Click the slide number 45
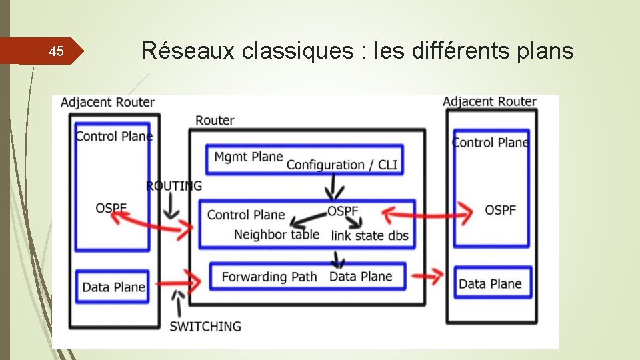click(57, 51)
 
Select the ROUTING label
click(173, 186)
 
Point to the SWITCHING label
click(205, 326)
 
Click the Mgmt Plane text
click(249, 157)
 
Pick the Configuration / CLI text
click(342, 165)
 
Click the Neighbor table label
click(277, 235)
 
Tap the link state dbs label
click(369, 235)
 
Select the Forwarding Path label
click(269, 277)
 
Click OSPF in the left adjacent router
click(111, 208)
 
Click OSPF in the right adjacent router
click(500, 210)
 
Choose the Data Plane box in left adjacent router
click(113, 287)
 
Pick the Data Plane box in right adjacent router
click(492, 283)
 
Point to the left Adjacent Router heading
click(107, 102)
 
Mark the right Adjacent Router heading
click(489, 101)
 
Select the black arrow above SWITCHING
click(178, 303)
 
